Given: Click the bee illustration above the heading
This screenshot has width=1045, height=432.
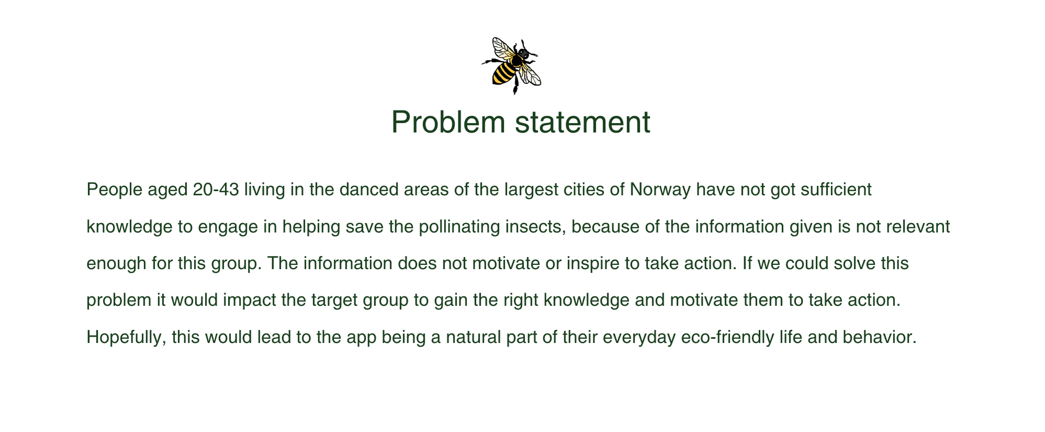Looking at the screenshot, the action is point(511,65).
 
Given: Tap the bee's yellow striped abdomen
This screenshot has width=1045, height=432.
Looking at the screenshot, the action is point(503,73).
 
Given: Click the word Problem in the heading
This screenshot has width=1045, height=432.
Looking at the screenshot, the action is point(448,123).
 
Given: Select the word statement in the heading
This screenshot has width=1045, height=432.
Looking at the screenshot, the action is point(582,122).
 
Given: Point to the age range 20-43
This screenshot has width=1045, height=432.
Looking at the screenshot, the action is point(216,189).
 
